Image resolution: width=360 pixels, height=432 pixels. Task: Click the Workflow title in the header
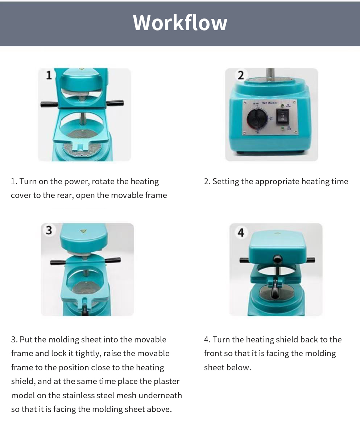[180, 22]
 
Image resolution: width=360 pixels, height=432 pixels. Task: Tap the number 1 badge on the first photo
[49, 75]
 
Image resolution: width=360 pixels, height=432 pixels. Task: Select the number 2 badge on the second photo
[240, 75]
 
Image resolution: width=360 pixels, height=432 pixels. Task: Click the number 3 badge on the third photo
[49, 230]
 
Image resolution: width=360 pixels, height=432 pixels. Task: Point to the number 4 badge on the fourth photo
[241, 233]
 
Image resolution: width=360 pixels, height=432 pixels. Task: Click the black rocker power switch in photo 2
[282, 117]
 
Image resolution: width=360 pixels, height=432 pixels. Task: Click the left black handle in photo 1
[49, 104]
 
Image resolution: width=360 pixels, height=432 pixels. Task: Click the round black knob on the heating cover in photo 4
[277, 259]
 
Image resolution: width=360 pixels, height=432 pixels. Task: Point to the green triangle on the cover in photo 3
[83, 231]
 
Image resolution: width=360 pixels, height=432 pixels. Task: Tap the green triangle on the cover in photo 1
[82, 68]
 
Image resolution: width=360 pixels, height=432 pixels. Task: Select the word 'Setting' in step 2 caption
[225, 181]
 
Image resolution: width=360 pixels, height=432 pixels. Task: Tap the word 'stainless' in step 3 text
[80, 395]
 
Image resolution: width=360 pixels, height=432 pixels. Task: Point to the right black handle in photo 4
[309, 260]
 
